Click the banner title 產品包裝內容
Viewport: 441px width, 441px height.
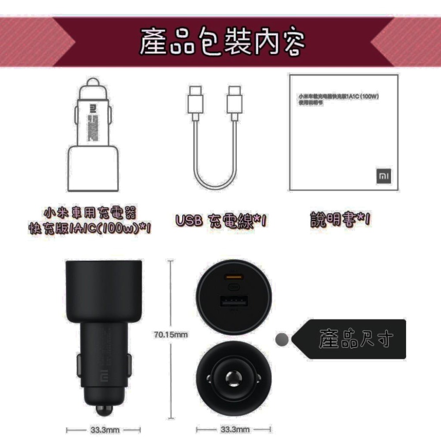click(222, 42)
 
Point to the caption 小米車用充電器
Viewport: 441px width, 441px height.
click(91, 213)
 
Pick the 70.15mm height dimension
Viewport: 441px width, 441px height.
click(171, 335)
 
